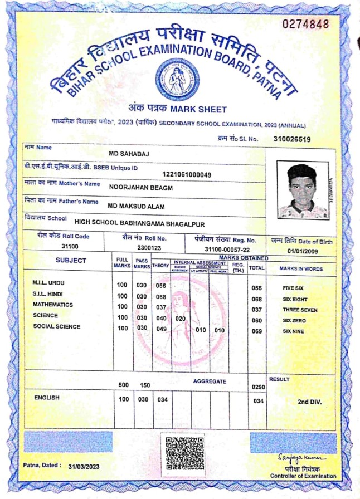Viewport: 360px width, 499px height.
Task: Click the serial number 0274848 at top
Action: [307, 24]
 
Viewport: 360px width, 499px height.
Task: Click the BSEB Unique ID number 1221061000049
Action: [187, 175]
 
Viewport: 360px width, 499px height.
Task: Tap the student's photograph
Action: [303, 191]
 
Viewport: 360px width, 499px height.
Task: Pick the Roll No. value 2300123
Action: [149, 247]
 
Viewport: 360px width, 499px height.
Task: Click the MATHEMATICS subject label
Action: [53, 305]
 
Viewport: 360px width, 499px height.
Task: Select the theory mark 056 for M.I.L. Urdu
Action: [161, 286]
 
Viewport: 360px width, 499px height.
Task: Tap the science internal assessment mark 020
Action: [181, 318]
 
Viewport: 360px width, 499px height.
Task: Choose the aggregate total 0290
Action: [257, 387]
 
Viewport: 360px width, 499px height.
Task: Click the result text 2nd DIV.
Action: [309, 401]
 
